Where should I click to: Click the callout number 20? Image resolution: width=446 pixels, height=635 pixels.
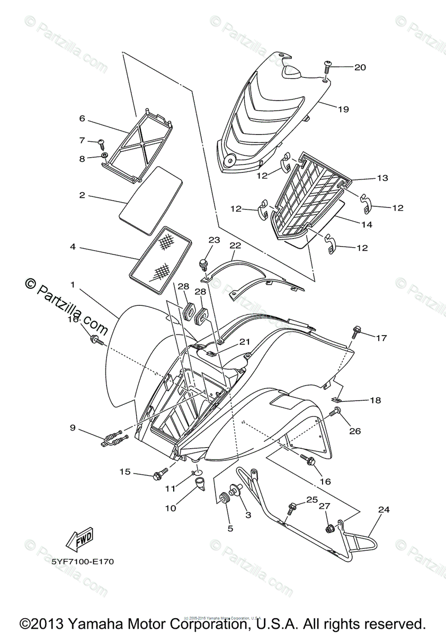(360, 67)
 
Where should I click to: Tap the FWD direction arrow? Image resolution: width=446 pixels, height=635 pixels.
(79, 540)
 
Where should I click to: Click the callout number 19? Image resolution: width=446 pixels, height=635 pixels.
(343, 110)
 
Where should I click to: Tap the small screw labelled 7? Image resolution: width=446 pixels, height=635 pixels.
(101, 143)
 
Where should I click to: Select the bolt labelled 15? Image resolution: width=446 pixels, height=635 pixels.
(158, 475)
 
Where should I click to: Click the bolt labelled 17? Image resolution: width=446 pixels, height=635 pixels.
(355, 332)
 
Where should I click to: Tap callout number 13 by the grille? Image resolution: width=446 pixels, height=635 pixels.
(382, 178)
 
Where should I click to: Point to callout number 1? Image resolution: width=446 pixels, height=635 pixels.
(73, 284)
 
